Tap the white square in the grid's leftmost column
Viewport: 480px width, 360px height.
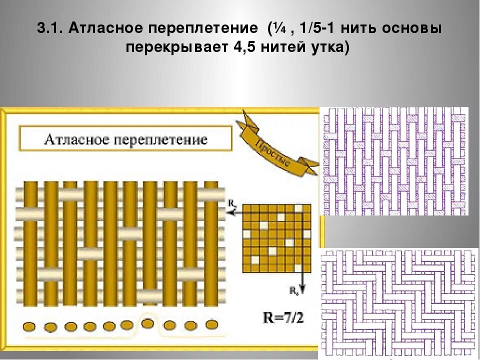pos(247,234)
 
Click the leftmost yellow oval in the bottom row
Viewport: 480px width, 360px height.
pos(30,326)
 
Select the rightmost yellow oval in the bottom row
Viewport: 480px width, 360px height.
pos(212,324)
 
